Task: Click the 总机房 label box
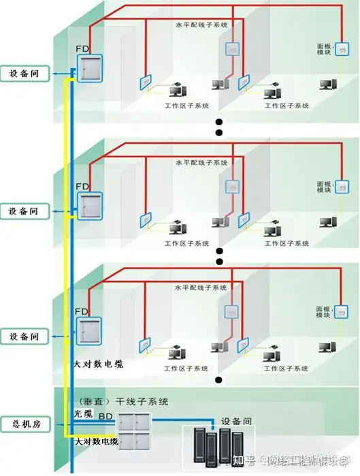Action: (x=26, y=424)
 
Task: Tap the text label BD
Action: (x=106, y=415)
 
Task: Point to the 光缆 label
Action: (x=83, y=414)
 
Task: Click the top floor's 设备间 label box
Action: (x=26, y=74)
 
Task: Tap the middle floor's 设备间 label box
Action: (x=26, y=212)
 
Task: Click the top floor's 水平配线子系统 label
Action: (x=201, y=25)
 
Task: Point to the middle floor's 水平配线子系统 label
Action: (x=201, y=163)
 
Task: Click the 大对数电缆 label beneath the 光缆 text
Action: (x=95, y=443)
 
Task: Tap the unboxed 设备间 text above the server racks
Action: (x=237, y=421)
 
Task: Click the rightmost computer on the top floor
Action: (x=329, y=84)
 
